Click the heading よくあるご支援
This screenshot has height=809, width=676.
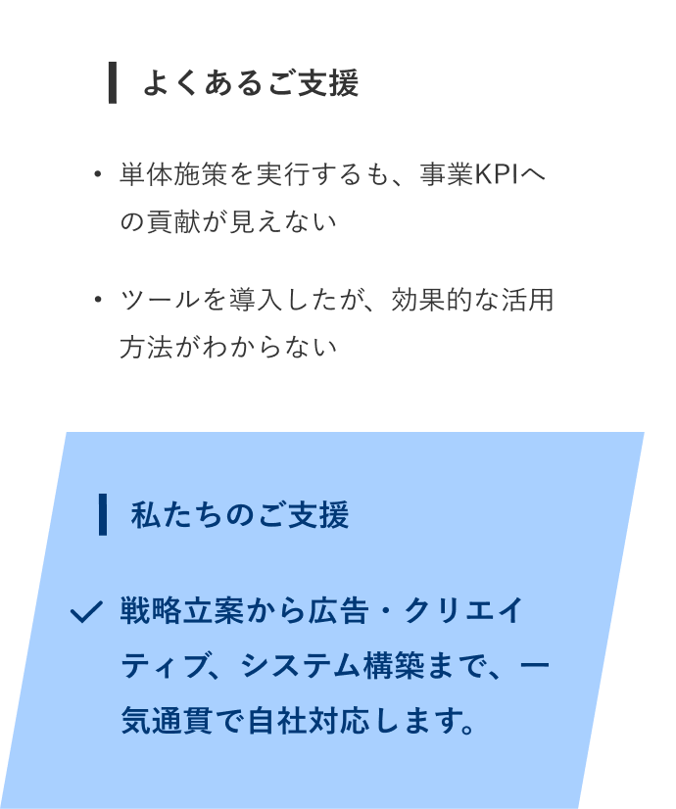coord(250,83)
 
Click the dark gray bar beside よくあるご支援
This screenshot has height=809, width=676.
coord(113,82)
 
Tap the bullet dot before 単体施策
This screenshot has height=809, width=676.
coord(97,175)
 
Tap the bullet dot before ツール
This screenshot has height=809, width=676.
coord(97,300)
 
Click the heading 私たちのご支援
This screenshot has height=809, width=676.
coord(239,515)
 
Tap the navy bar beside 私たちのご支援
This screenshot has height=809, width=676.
coord(103,515)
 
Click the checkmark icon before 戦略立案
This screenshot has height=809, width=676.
coord(86,613)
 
